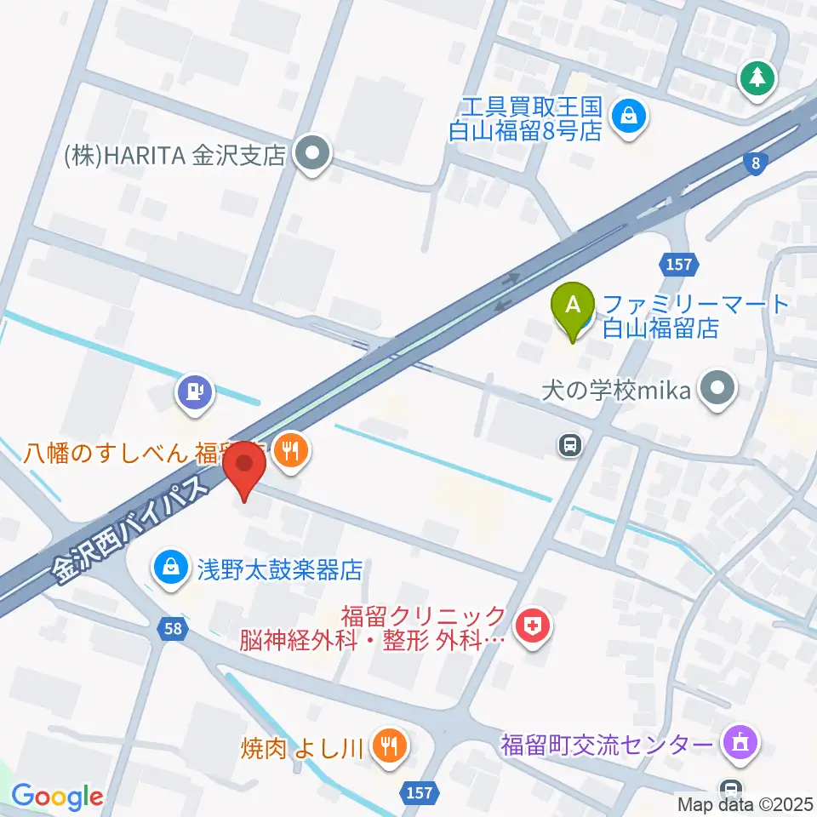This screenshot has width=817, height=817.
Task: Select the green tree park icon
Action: [756, 79]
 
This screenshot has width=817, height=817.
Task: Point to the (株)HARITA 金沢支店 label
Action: [174, 157]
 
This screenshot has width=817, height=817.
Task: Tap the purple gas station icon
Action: [196, 392]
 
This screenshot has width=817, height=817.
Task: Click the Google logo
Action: [57, 796]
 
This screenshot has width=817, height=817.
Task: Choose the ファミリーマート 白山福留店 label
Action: [695, 316]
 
